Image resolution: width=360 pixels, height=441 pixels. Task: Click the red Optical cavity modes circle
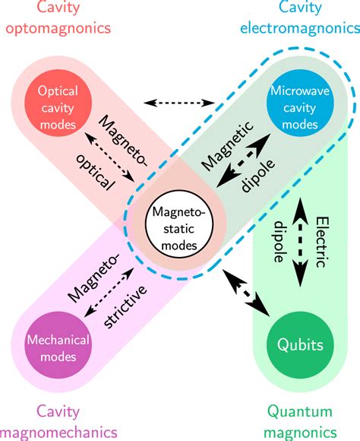pyautogui.click(x=58, y=103)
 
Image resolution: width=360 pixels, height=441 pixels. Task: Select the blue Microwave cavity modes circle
pyautogui.click(x=300, y=103)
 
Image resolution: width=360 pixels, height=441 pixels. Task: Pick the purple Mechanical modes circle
pyautogui.click(x=58, y=345)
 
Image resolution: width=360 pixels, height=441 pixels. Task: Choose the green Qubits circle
pyautogui.click(x=300, y=345)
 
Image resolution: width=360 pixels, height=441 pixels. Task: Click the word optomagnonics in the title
pyautogui.click(x=58, y=29)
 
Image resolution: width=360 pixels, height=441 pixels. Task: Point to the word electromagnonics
pyautogui.click(x=300, y=28)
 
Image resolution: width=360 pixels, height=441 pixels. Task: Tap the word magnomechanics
pyautogui.click(x=58, y=433)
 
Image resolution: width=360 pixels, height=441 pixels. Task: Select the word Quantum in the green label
pyautogui.click(x=299, y=412)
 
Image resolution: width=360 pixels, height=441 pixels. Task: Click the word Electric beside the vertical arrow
pyautogui.click(x=321, y=242)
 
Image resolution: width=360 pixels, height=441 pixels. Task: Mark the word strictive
pyautogui.click(x=125, y=306)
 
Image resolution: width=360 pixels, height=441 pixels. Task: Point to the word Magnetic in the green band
pyautogui.click(x=228, y=146)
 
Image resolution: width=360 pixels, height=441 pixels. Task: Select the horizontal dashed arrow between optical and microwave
pyautogui.click(x=179, y=103)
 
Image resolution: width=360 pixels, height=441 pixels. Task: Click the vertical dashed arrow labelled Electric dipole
pyautogui.click(x=300, y=242)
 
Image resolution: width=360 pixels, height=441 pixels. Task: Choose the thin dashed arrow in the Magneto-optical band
pyautogui.click(x=109, y=157)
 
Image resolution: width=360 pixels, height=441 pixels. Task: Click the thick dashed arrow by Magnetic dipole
pyautogui.click(x=243, y=160)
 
